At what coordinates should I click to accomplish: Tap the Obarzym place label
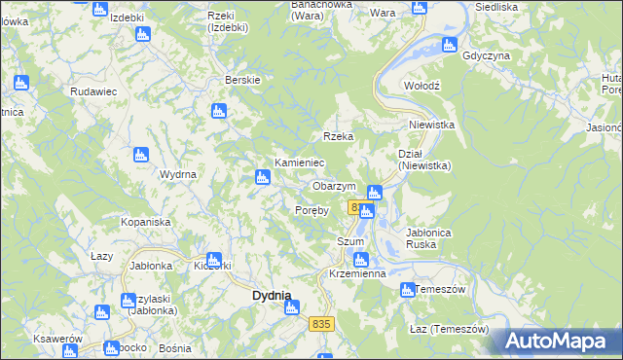(x=334, y=186)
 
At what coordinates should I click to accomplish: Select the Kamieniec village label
(x=299, y=162)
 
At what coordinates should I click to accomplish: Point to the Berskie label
(x=241, y=80)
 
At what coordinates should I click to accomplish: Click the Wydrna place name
(x=178, y=174)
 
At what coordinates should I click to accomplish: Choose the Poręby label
(x=312, y=209)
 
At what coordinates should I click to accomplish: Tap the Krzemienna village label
(x=358, y=274)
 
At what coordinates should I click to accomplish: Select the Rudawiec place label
(x=93, y=90)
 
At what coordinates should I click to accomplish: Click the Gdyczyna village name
(x=487, y=55)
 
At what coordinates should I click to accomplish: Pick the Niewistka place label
(x=432, y=125)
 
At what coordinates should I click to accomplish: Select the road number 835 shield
(x=323, y=323)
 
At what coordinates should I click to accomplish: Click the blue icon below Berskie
(x=219, y=111)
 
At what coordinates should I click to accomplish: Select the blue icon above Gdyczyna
(x=449, y=44)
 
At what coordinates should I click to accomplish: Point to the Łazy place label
(x=102, y=256)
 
